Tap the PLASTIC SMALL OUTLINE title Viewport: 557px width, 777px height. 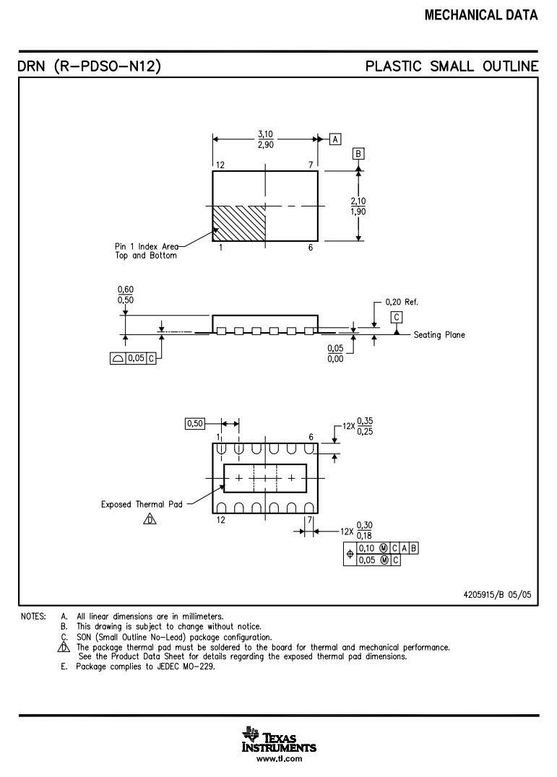coord(452,67)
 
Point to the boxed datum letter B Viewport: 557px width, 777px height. coord(359,153)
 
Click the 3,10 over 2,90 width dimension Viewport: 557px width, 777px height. coord(267,139)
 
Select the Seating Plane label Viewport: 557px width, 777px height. coord(439,335)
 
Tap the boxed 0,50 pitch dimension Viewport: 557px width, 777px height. coord(195,424)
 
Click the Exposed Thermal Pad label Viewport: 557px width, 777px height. coord(142,504)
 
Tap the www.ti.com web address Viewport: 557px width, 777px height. coord(279,759)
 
